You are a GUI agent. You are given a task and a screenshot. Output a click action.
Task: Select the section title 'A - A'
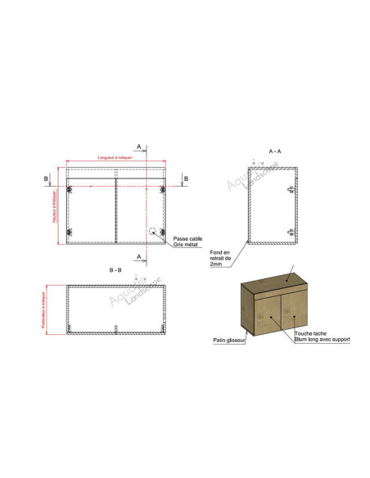(x=275, y=151)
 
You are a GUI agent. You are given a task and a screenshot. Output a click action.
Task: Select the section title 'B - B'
(x=115, y=269)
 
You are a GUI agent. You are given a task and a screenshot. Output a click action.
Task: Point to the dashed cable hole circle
(x=153, y=232)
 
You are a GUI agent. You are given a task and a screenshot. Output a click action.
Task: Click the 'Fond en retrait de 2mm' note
(x=220, y=258)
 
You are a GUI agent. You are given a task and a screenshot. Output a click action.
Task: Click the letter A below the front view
(x=140, y=257)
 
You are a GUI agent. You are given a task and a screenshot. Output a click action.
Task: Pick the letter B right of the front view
(x=186, y=178)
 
